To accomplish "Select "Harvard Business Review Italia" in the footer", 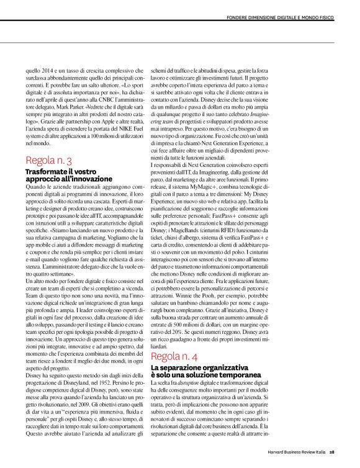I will pyautogui.click(x=297, y=452).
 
